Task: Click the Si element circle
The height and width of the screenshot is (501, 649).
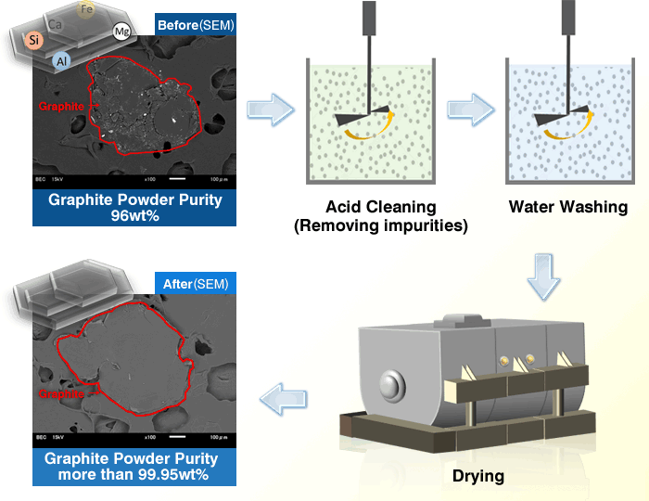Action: pyautogui.click(x=34, y=41)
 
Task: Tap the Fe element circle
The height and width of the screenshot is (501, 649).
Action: pyautogui.click(x=86, y=10)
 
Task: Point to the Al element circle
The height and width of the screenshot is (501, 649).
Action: pyautogui.click(x=62, y=60)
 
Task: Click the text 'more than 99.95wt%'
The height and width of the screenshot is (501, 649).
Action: pyautogui.click(x=134, y=474)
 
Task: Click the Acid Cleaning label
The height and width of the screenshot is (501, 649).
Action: pyautogui.click(x=380, y=206)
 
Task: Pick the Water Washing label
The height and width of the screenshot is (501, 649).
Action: pyautogui.click(x=567, y=206)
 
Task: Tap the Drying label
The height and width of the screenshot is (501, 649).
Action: pyautogui.click(x=478, y=476)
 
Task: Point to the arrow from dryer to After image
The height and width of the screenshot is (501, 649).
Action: pyautogui.click(x=284, y=400)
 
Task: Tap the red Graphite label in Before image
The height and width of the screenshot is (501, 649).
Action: pyautogui.click(x=61, y=106)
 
